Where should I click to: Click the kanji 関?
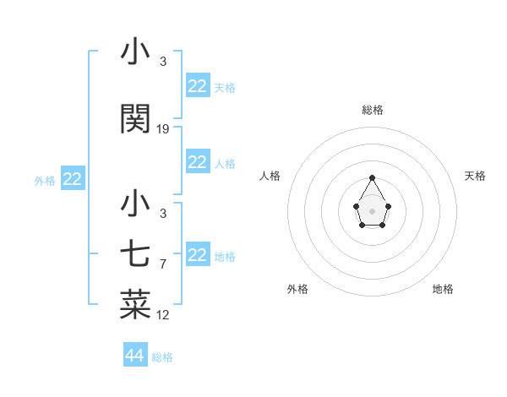(135, 120)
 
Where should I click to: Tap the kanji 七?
(135, 254)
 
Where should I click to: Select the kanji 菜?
(135, 305)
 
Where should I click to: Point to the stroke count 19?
(163, 129)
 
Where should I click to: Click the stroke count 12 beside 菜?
(163, 315)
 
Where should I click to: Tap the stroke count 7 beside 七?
(163, 264)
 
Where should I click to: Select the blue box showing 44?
(135, 356)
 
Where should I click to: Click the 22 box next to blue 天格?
(198, 86)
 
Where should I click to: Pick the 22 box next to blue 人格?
(198, 162)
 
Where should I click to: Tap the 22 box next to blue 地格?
(198, 255)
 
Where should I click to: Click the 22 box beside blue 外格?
(73, 179)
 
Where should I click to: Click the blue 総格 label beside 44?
(162, 357)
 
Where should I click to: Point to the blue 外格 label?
(45, 180)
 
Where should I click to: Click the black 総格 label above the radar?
(372, 110)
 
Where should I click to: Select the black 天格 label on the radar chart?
(475, 176)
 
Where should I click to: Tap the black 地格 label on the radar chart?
(443, 289)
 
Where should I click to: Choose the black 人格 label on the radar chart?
(270, 176)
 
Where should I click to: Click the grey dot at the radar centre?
(372, 210)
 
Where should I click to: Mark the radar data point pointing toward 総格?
(372, 177)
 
